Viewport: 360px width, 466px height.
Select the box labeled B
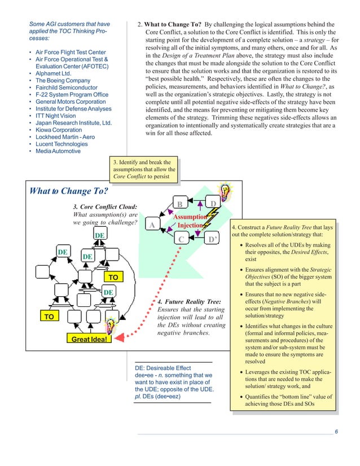coord(180,204)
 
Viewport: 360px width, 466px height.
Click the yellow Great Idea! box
coord(89,338)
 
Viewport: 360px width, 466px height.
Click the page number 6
coord(336,432)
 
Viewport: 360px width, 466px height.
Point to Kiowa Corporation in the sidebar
coord(58,130)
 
